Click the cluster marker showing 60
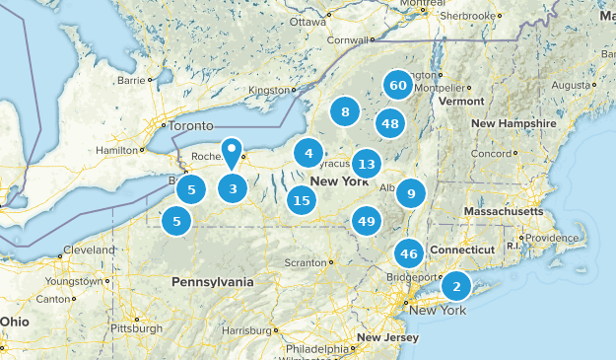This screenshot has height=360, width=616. [x=398, y=86]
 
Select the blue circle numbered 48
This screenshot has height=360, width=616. [x=390, y=123]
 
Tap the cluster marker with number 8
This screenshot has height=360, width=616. [x=345, y=112]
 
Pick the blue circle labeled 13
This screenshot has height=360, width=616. [x=367, y=164]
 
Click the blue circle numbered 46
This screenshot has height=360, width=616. [x=409, y=253]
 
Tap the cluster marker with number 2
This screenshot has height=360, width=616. [x=455, y=286]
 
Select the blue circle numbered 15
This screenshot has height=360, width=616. [x=302, y=201]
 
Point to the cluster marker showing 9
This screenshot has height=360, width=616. [x=411, y=192]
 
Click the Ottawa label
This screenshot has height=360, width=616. [x=308, y=21]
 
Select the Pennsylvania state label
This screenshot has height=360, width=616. [x=212, y=282]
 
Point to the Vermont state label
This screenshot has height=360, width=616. [x=461, y=102]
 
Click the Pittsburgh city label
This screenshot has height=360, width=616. [x=136, y=328]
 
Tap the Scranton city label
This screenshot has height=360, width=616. [x=305, y=263]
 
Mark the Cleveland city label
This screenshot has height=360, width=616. [x=89, y=250]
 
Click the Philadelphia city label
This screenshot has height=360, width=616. [x=317, y=349]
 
